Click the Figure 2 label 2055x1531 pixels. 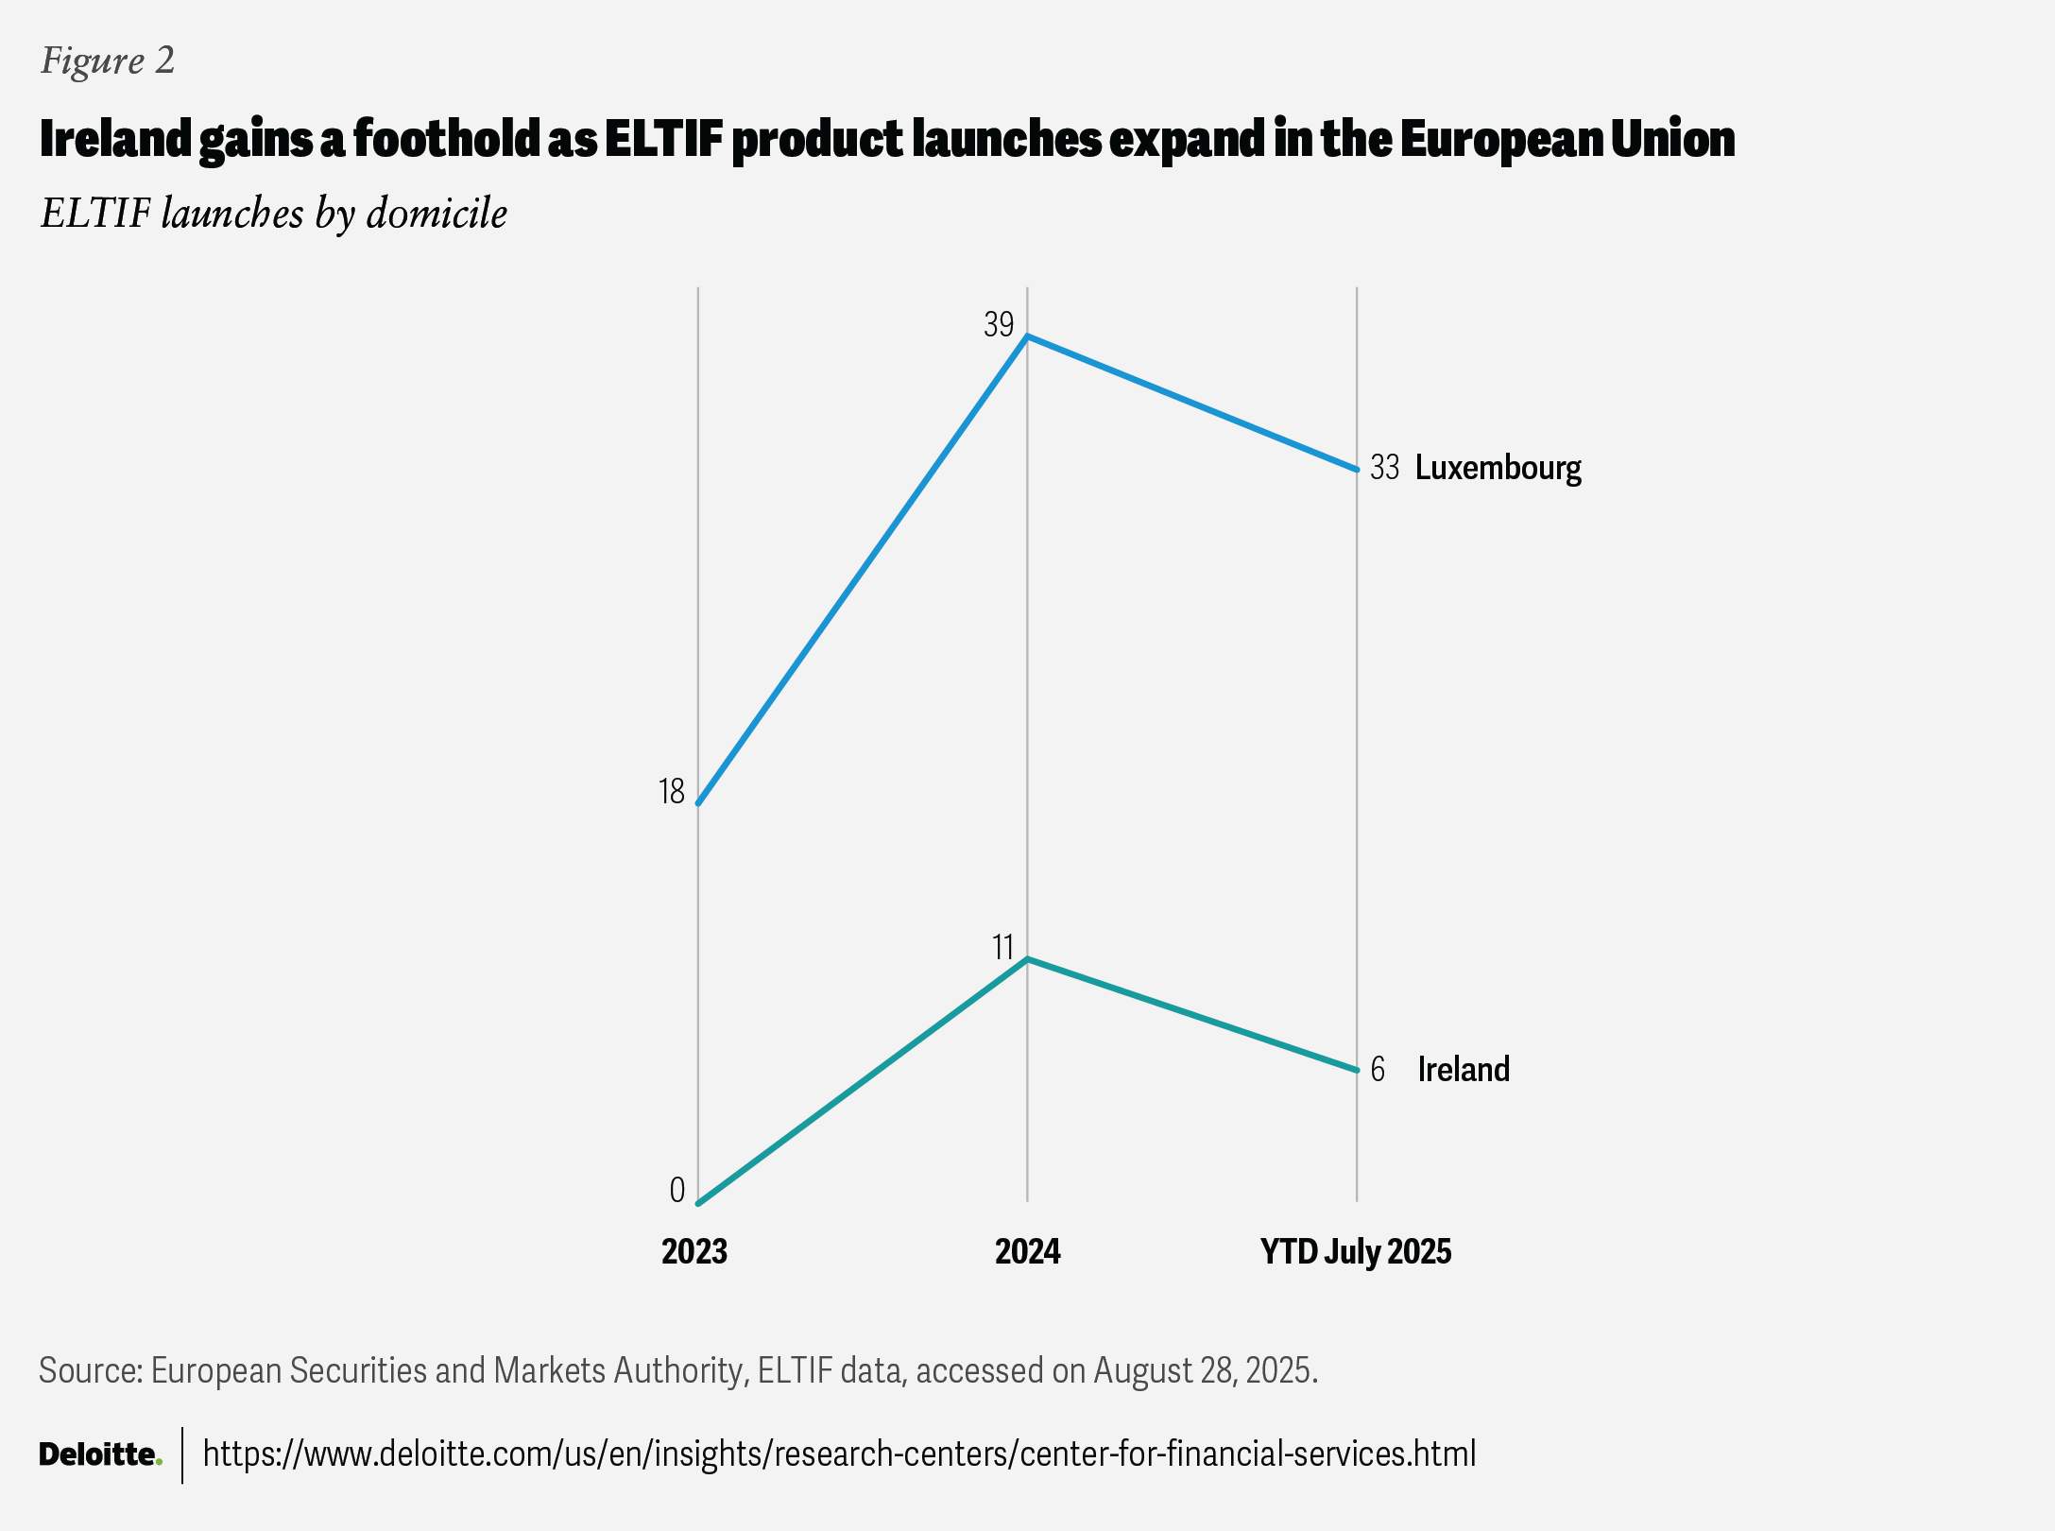click(x=108, y=61)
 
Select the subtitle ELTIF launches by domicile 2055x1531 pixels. click(x=274, y=214)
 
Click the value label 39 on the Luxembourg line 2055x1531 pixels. click(x=999, y=325)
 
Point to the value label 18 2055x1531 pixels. click(x=671, y=791)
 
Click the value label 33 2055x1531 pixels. click(x=1384, y=468)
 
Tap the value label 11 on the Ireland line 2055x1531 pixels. click(x=1002, y=947)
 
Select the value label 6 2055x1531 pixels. click(x=1378, y=1069)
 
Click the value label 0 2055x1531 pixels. click(x=676, y=1190)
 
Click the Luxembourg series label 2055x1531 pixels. click(x=1498, y=468)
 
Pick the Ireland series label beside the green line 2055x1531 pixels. click(x=1464, y=1069)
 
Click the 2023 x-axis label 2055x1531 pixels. click(x=694, y=1251)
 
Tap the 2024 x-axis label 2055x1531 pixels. click(x=1028, y=1251)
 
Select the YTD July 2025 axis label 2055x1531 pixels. click(x=1356, y=1251)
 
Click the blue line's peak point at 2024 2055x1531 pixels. click(x=1028, y=336)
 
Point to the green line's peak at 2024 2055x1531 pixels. click(x=1028, y=959)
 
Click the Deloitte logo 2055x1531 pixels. click(x=100, y=1454)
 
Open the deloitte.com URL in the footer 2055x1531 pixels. click(x=839, y=1454)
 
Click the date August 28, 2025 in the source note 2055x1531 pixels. click(x=1205, y=1370)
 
